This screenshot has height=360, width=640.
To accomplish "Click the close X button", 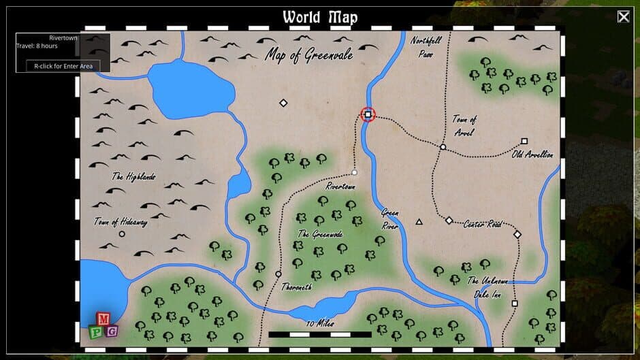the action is click(x=623, y=17).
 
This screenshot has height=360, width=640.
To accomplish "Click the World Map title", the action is click(x=319, y=17).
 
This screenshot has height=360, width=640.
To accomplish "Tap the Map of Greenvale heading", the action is click(x=309, y=55).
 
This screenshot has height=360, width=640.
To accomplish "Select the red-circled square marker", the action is click(x=368, y=115).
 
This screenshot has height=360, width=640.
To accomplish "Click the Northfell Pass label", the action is click(x=426, y=46).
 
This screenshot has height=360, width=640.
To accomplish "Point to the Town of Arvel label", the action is click(x=464, y=125).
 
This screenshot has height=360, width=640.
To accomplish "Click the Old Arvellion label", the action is click(x=532, y=154).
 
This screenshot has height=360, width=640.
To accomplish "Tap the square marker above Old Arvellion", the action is click(x=524, y=141).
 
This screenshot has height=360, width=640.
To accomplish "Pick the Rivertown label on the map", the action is click(x=340, y=186).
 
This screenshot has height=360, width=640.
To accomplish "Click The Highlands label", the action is click(x=134, y=176).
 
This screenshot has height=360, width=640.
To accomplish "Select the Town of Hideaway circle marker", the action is click(x=122, y=233).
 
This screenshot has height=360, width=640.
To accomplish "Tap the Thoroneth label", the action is click(x=297, y=287).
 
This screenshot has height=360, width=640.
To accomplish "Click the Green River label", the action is click(x=389, y=218).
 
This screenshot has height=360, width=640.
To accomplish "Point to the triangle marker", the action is click(x=419, y=221).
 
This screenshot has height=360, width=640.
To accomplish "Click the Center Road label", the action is click(x=482, y=224).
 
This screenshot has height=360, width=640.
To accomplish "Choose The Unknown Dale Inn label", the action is click(x=487, y=288).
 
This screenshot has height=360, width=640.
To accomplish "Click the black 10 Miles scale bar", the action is click(x=320, y=334).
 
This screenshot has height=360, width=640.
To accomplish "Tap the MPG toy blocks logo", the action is click(x=103, y=326).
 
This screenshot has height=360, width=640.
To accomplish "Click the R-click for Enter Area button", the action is click(x=63, y=66).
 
